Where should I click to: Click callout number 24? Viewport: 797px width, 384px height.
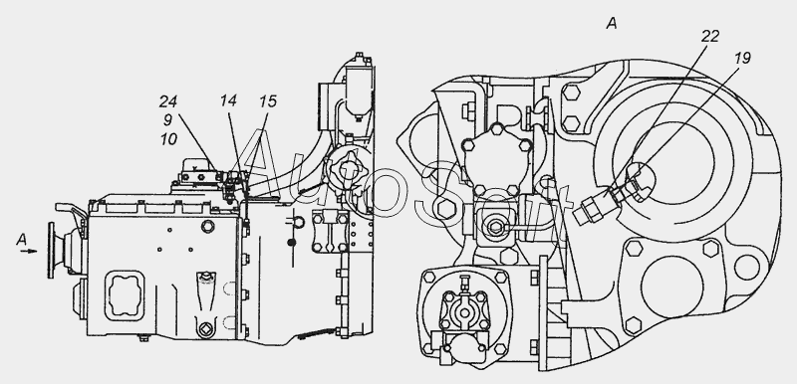point(167,101)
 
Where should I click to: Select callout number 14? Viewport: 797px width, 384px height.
point(229,100)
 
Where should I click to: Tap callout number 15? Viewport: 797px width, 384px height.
point(267,101)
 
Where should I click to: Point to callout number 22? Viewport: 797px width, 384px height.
point(710,36)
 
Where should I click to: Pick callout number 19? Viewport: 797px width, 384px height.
point(741,59)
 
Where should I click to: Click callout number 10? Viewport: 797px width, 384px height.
point(168,139)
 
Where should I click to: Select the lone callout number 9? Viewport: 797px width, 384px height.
point(167,120)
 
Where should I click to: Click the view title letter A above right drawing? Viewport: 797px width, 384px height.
point(612,23)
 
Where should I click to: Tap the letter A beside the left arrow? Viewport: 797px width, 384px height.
point(21,240)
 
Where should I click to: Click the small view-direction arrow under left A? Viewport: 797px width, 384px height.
point(29,251)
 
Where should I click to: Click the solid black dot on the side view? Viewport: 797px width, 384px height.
point(291,243)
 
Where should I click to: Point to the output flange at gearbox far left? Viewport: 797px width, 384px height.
point(52,250)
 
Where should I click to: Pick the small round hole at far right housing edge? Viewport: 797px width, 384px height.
point(746,268)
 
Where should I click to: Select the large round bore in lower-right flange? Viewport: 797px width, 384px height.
point(671,286)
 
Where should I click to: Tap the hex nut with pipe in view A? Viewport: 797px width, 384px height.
point(495,227)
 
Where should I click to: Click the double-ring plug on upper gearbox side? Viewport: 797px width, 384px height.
point(207,226)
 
